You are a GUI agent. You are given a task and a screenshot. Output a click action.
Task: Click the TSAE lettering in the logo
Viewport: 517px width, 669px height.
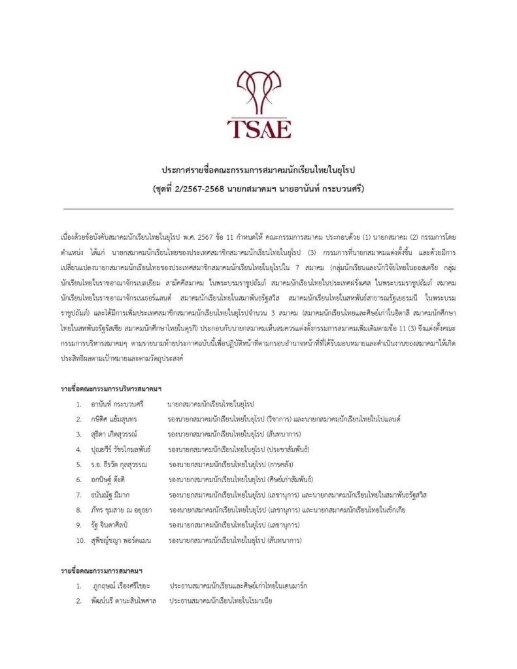258,127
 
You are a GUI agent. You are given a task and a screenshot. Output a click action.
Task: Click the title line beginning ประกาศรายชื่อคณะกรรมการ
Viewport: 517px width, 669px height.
258,171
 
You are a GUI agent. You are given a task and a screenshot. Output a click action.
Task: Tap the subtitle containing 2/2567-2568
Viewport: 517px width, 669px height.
258,189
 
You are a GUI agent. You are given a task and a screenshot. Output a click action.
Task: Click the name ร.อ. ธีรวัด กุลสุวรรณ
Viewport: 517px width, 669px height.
120,465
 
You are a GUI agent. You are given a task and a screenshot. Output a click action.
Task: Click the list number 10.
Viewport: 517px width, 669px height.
80,540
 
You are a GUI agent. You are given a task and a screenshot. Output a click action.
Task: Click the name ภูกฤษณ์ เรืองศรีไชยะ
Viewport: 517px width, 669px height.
124,586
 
